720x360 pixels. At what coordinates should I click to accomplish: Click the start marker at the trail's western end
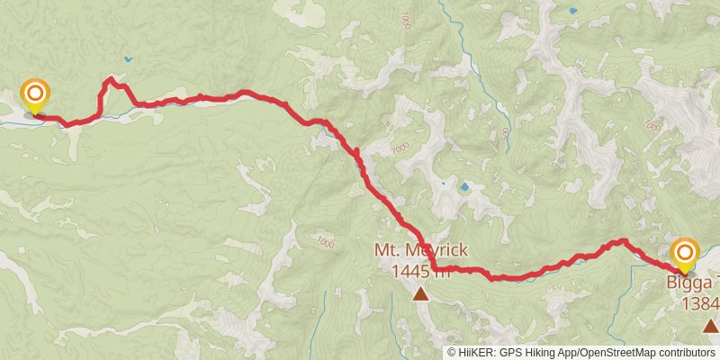tap(35, 94)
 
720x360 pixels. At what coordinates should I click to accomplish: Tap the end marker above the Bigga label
tap(685, 253)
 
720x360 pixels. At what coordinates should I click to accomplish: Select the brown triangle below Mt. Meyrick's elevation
tap(420, 293)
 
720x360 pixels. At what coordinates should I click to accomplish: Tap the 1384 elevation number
tap(700, 303)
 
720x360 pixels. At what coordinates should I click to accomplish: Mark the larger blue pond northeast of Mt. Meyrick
tap(464, 187)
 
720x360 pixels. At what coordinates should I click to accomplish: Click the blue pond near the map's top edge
tap(572, 12)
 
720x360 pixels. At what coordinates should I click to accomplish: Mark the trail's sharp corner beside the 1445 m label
tap(433, 267)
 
